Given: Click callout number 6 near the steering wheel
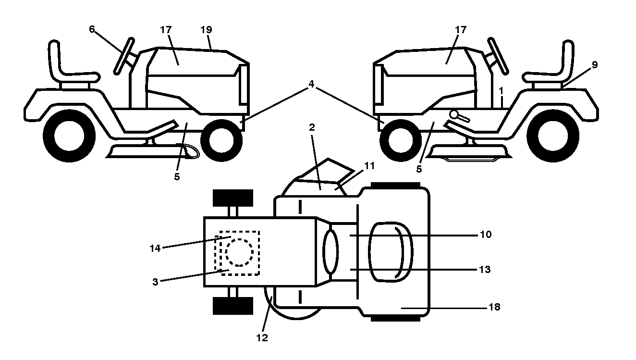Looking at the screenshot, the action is (x=92, y=29).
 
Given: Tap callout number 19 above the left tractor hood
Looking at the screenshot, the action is (x=206, y=29).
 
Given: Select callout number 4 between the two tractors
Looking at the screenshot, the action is (x=311, y=84).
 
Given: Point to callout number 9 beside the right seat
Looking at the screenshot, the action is (x=595, y=65).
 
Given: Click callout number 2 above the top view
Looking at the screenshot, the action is (x=312, y=127).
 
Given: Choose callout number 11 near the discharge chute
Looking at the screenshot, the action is (x=369, y=166).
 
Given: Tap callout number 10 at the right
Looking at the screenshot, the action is (x=486, y=235).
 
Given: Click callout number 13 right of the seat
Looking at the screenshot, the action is (x=485, y=269).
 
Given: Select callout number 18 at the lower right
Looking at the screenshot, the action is (x=494, y=307).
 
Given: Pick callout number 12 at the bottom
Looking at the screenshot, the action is (x=262, y=338).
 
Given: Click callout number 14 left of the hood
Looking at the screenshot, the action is (x=155, y=248).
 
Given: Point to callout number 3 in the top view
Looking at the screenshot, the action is (x=155, y=282).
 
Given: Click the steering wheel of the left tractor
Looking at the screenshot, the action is (x=124, y=56).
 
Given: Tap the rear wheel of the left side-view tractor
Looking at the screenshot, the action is (x=69, y=136).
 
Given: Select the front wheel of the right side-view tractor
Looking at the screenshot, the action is (x=401, y=140).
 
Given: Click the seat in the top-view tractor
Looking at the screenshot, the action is (x=391, y=252).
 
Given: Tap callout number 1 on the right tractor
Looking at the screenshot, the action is (x=501, y=91).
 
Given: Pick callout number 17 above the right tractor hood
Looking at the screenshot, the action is (x=461, y=29).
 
